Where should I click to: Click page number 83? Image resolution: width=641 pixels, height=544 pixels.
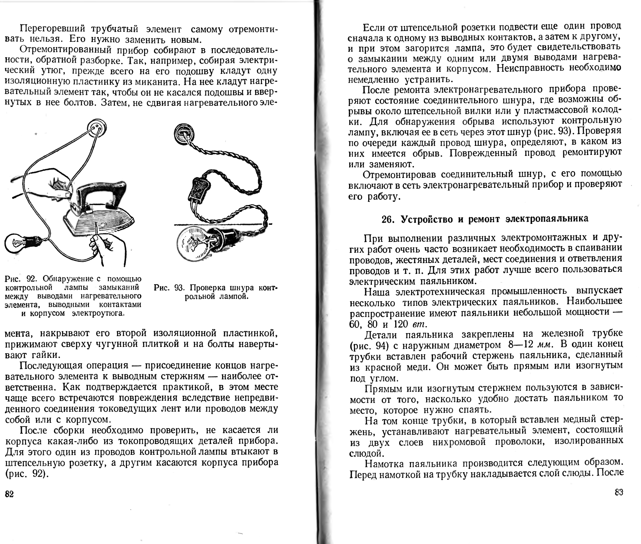(x=619, y=492)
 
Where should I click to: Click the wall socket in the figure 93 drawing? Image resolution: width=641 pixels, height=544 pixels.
(x=184, y=133)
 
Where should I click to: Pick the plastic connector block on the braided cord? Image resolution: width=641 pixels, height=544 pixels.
(x=199, y=190)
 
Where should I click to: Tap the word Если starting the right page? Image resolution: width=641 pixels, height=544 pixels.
(x=373, y=28)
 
